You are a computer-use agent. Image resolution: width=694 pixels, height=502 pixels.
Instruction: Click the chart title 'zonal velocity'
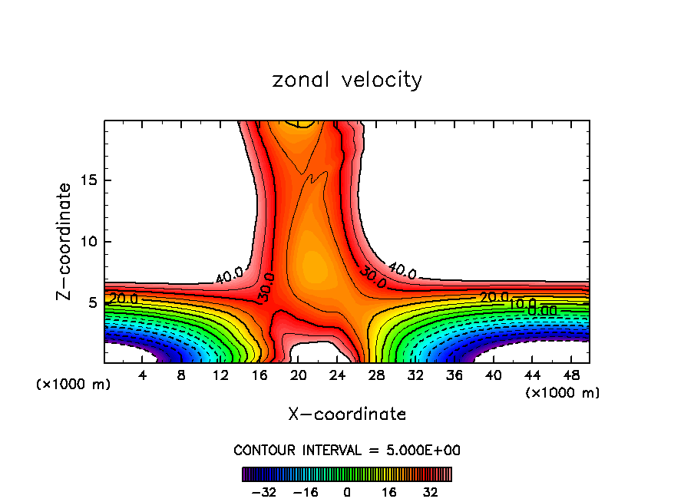347,80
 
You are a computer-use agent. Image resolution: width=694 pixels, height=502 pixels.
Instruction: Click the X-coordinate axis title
347,414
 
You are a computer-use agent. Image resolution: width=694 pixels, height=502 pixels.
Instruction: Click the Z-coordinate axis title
64,241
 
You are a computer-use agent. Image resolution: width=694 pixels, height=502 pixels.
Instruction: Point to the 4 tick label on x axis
142,375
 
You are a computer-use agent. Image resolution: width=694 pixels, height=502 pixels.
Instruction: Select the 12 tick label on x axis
220,375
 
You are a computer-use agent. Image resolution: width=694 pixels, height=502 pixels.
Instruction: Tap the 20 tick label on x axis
299,375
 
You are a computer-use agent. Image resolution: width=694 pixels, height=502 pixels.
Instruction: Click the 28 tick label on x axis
376,375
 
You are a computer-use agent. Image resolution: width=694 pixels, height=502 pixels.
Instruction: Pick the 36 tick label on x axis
454,375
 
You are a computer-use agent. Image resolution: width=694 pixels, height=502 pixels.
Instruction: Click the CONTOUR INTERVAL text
347,451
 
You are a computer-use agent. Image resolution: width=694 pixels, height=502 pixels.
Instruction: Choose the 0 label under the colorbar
347,492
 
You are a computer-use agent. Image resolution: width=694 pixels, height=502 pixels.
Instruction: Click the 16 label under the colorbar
389,492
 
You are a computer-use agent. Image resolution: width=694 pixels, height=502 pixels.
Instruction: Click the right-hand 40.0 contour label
402,270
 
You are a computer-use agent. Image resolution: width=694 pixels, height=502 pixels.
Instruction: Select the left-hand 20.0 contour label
124,299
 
